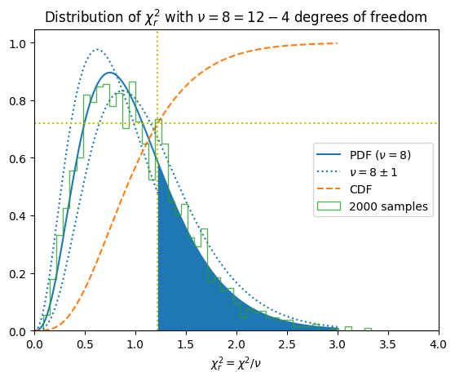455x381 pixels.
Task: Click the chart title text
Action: [236, 17]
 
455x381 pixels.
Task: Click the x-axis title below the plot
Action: [236, 364]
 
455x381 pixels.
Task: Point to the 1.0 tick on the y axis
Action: [18, 44]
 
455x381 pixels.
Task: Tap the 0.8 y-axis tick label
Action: [18, 101]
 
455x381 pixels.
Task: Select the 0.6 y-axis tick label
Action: [18, 158]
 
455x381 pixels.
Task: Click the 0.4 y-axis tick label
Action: [18, 215]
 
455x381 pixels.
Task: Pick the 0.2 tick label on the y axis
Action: [18, 273]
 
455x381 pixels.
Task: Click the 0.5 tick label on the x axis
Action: [85, 344]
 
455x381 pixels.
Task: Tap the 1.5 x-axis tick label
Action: [186, 344]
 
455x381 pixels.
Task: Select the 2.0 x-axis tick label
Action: [236, 344]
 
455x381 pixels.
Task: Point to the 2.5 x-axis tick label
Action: [287, 344]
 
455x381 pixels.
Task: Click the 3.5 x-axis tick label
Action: [388, 344]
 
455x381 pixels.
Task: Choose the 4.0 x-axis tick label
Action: [439, 344]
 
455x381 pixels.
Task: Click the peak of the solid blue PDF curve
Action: [109, 73]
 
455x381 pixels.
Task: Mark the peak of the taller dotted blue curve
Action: [97, 49]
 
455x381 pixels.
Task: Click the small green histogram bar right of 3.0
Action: [348, 329]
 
